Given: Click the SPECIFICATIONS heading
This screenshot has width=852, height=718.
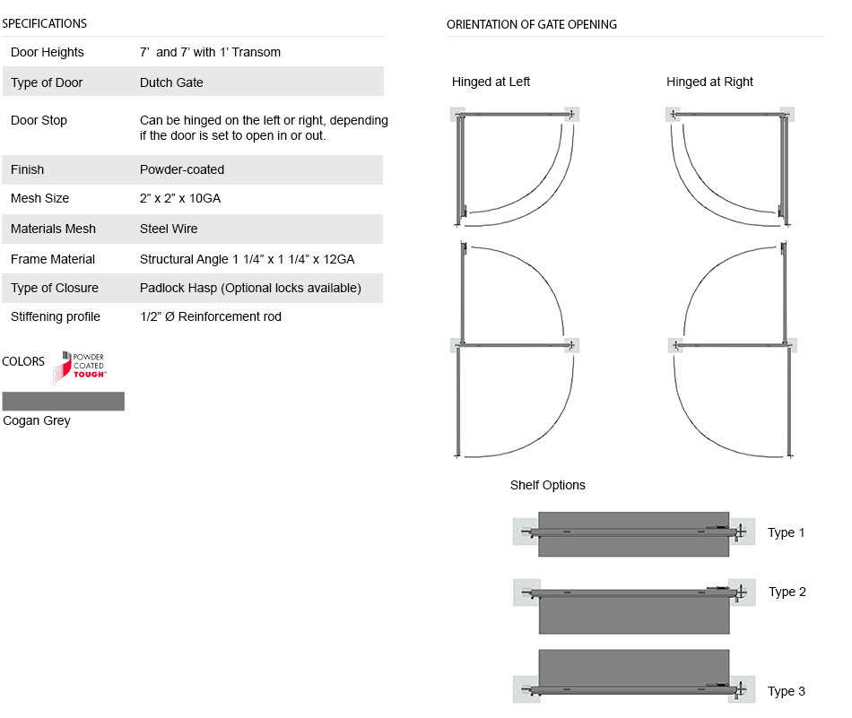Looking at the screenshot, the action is pos(45,23).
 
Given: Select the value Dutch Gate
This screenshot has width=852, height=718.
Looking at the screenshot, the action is pos(171,82).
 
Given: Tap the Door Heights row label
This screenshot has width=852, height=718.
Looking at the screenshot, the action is pos(48,52).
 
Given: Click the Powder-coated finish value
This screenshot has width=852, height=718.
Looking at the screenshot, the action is pos(182,169).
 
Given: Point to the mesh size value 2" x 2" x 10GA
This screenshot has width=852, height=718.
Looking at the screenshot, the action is pos(180,198).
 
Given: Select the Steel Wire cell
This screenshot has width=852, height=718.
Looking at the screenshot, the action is pos(169,229).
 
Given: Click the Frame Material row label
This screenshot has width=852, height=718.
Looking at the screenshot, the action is pos(53,259).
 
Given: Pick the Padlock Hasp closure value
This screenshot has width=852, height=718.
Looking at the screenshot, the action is pos(250,288).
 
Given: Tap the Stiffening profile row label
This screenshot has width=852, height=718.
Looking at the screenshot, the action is pos(56,316).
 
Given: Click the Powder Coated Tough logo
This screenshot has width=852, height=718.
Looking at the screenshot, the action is pos(80,367).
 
